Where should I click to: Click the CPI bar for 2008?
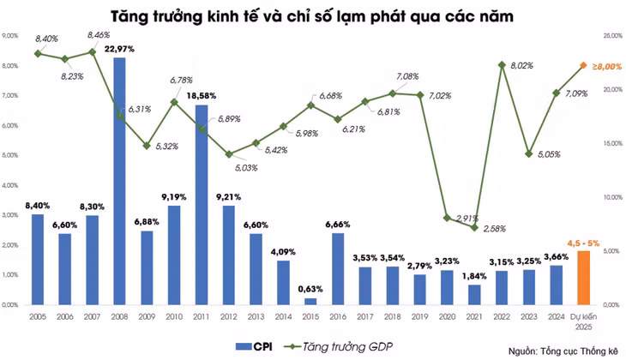119,180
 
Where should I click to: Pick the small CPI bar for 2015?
310,301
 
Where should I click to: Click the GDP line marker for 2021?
474,227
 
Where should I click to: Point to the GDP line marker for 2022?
502,65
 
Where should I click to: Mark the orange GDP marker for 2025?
583,65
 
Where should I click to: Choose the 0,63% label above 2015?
310,289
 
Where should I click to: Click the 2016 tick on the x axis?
337,316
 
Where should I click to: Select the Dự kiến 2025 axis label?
582,321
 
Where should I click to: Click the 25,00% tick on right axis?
611,36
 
